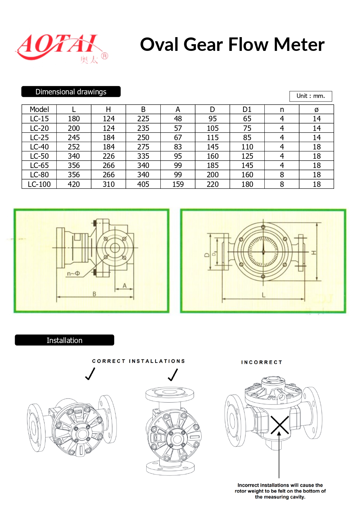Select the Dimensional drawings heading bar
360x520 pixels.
[71, 92]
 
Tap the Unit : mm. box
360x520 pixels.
[310, 96]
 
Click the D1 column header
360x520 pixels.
[247, 109]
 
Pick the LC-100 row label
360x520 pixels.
[39, 184]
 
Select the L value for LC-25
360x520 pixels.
[74, 138]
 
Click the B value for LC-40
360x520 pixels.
[143, 147]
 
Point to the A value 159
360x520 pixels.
[178, 184]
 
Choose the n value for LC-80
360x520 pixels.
[282, 175]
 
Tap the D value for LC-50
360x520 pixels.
[212, 156]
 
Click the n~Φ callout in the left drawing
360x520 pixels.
[73, 274]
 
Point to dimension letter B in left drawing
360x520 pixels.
[94, 294]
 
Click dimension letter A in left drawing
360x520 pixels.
[124, 285]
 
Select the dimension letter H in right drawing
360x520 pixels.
[314, 253]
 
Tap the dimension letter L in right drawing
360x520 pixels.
[263, 295]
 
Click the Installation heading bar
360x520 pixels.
[64, 340]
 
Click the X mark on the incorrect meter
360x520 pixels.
[279, 425]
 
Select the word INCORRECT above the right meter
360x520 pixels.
[261, 362]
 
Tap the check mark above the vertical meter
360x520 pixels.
[173, 375]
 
